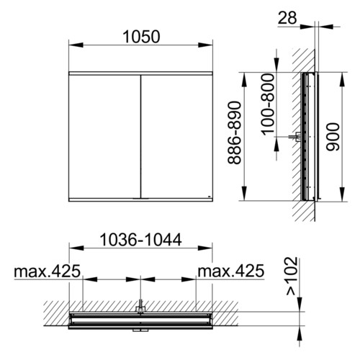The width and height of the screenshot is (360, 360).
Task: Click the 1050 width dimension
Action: pyautogui.click(x=141, y=37)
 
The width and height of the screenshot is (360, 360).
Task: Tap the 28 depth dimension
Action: pyautogui.click(x=287, y=18)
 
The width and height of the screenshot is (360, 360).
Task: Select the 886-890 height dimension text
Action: pyautogui.click(x=234, y=132)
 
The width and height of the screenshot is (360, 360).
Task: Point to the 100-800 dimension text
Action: pyautogui.click(x=268, y=104)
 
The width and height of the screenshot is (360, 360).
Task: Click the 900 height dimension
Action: pyautogui.click(x=333, y=137)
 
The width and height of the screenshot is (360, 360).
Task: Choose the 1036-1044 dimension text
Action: pyautogui.click(x=141, y=240)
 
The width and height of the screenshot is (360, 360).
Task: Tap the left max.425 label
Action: pyautogui.click(x=48, y=271)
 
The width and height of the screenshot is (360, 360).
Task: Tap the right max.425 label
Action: pyautogui.click(x=231, y=271)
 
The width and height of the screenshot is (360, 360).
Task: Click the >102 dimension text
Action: pyautogui.click(x=292, y=276)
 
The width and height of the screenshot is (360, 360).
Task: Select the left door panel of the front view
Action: pyautogui.click(x=104, y=137)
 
